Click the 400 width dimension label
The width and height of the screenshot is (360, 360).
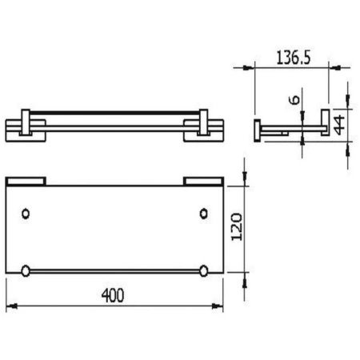[x=114, y=295]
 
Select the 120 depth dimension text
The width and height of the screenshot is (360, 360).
[x=233, y=227]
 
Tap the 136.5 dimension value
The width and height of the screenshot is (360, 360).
[x=292, y=58]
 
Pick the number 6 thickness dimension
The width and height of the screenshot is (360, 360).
[x=294, y=100]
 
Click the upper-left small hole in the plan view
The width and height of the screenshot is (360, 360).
[x=26, y=214]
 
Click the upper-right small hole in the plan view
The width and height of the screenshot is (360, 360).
[x=203, y=214]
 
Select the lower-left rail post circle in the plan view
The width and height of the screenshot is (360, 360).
[x=26, y=270]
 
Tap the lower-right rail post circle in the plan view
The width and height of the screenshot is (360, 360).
[x=203, y=270]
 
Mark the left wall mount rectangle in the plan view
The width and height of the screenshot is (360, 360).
[x=26, y=182]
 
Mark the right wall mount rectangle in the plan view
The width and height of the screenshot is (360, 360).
[x=203, y=182]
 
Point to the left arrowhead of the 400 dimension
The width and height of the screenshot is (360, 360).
[x=10, y=306]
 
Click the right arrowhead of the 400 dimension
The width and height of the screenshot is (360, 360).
[x=219, y=306]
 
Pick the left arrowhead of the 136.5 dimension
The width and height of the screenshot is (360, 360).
[x=257, y=69]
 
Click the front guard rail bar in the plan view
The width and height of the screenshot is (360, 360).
[x=114, y=270]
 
